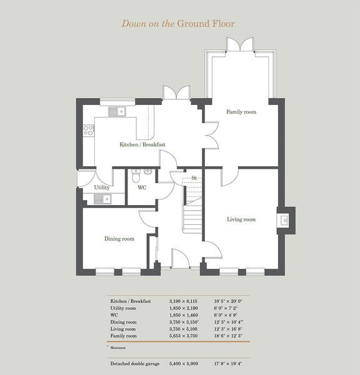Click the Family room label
tap(241, 112)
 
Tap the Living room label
tap(241, 219)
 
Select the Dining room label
tap(119, 239)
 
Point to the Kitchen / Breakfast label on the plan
tap(142, 144)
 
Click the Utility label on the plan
tap(102, 187)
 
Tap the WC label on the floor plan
tap(142, 187)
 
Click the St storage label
tap(194, 178)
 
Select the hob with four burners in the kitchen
tap(89, 131)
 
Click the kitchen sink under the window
tap(117, 111)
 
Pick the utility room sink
tap(102, 199)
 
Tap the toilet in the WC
tap(136, 176)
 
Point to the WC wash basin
tap(148, 172)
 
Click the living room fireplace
tap(286, 220)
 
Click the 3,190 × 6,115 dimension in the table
tap(183, 301)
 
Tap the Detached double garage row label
tap(135, 364)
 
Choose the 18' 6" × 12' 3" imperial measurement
tap(228, 336)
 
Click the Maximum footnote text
tap(117, 347)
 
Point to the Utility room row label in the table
tap(123, 308)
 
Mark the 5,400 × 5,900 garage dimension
tap(184, 364)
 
